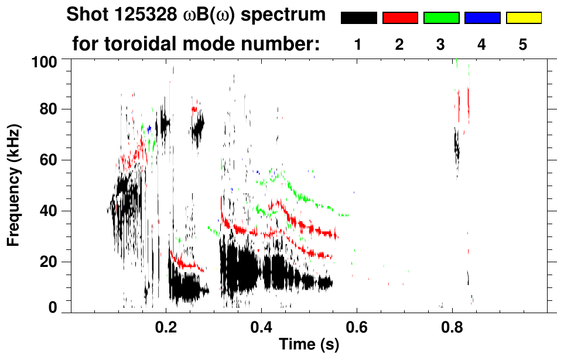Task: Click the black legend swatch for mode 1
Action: [x=359, y=18]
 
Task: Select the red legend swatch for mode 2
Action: [x=400, y=18]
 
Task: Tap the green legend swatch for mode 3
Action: [x=441, y=18]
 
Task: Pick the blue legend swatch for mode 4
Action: [x=482, y=18]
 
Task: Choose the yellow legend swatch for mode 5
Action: [x=523, y=18]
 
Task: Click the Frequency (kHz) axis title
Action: [x=14, y=184]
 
